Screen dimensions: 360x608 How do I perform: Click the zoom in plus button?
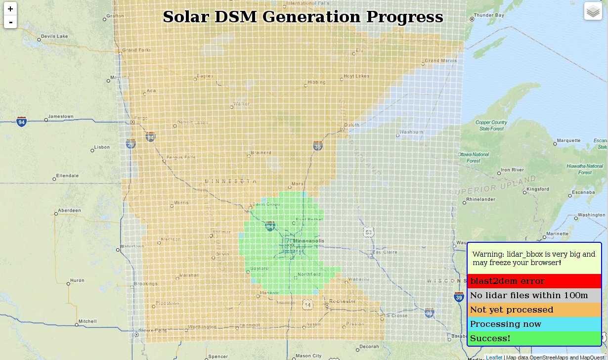(10, 9)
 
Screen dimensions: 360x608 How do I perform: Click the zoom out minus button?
(10, 22)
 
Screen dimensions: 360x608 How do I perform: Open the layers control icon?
(593, 11)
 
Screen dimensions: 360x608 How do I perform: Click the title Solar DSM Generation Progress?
(303, 17)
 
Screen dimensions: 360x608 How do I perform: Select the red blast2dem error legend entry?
(534, 281)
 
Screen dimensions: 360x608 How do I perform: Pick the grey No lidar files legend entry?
(534, 295)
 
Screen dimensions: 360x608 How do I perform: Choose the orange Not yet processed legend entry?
(534, 310)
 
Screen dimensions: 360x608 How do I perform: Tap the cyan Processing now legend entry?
(534, 324)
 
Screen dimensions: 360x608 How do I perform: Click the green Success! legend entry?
(534, 338)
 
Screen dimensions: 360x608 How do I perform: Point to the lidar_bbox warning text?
(534, 258)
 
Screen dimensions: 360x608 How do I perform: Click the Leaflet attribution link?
(494, 357)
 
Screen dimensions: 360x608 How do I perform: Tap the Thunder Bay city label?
(489, 15)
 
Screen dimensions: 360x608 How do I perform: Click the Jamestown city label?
(61, 117)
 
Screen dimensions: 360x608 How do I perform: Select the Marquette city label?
(568, 140)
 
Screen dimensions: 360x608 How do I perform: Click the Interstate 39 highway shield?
(459, 297)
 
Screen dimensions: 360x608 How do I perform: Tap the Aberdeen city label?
(69, 211)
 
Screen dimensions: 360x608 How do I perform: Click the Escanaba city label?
(583, 192)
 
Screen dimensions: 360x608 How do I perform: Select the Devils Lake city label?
(54, 36)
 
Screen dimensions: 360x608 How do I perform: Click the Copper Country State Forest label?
(491, 126)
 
